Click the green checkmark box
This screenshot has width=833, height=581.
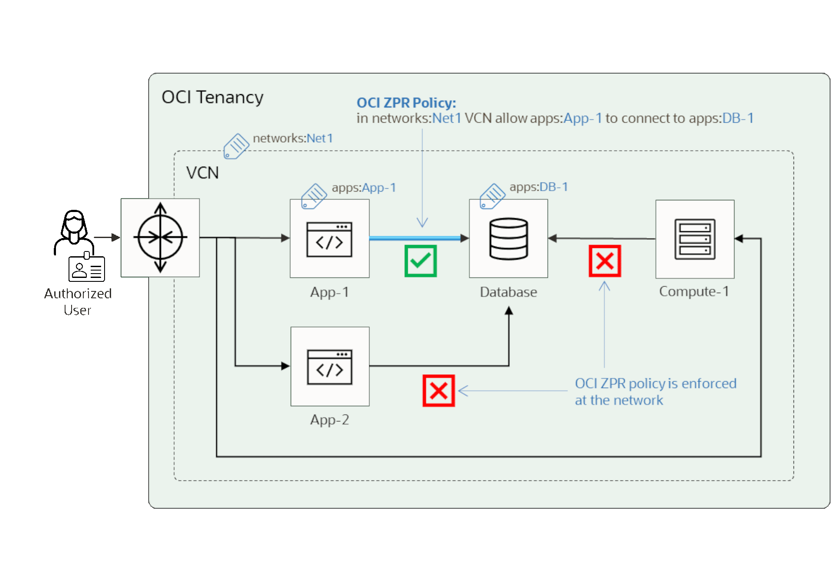420,261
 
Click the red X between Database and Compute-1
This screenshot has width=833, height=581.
605,261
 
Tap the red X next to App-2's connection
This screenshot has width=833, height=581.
439,391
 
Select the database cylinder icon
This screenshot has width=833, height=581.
508,239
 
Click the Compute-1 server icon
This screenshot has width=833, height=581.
695,239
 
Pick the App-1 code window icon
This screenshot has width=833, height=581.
329,239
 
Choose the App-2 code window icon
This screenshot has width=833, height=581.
330,367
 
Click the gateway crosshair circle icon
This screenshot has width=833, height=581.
160,238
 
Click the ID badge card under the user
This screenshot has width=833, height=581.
87,269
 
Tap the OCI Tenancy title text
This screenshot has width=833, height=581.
212,97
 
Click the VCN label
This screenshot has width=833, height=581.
202,173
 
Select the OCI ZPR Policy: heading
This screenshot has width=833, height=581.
406,103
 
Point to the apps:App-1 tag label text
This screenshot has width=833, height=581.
364,187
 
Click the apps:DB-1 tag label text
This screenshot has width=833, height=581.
538,187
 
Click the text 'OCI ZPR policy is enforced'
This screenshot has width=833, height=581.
655,383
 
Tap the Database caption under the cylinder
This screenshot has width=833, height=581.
508,292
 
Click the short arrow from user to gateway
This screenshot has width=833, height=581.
106,237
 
